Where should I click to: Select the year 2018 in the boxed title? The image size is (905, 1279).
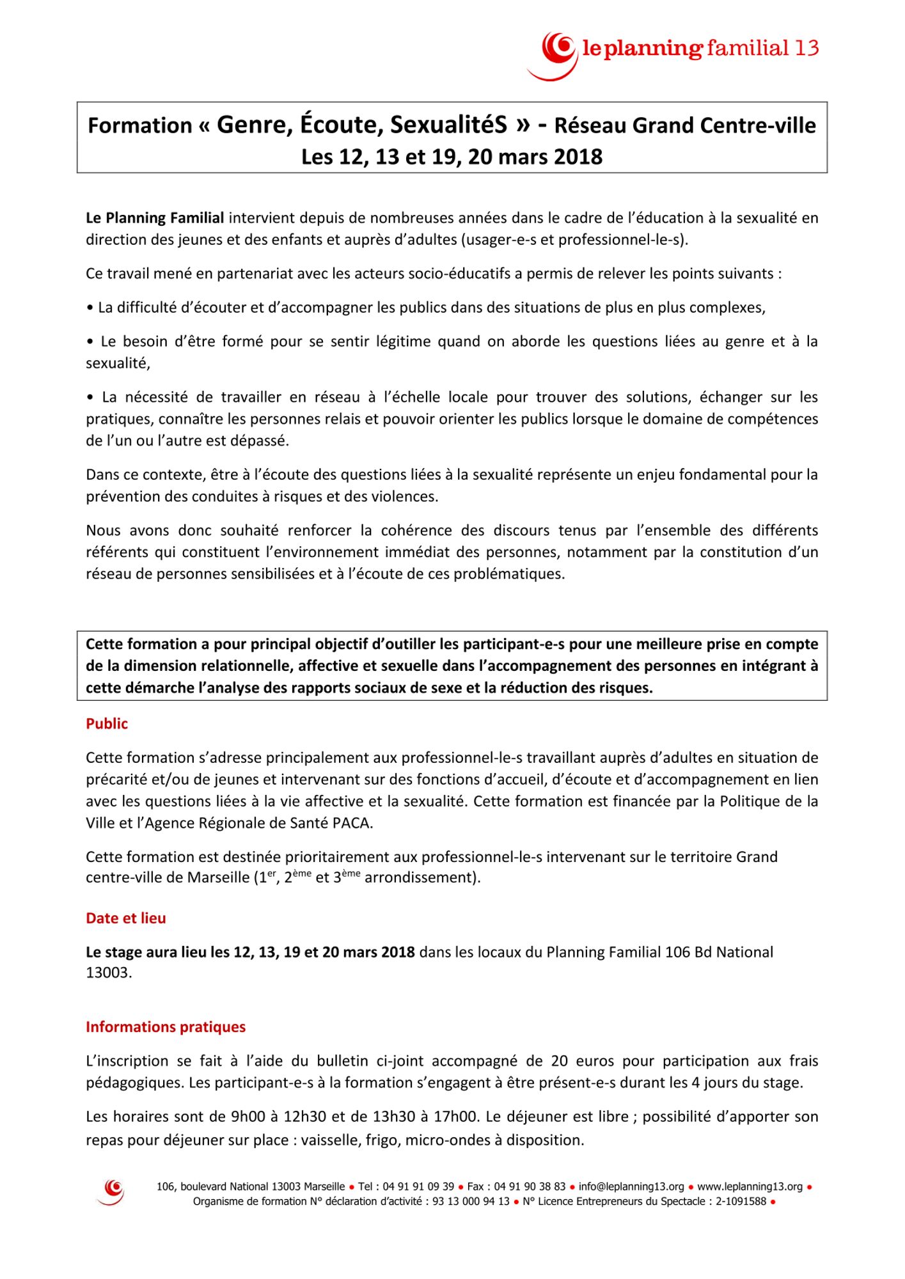click(578, 157)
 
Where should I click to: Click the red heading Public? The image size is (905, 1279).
click(107, 724)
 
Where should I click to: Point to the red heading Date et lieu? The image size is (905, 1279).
click(126, 918)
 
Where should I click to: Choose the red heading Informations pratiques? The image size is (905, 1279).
click(166, 1027)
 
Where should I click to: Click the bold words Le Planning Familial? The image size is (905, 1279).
click(155, 218)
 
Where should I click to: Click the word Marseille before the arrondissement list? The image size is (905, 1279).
click(217, 877)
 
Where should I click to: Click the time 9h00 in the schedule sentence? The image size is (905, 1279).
click(246, 1117)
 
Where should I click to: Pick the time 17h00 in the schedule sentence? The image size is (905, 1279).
click(455, 1117)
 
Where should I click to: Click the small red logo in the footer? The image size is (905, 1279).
click(113, 1192)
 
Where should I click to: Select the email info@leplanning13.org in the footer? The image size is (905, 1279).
click(631, 1187)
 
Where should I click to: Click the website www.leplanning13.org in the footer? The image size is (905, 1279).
click(750, 1187)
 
